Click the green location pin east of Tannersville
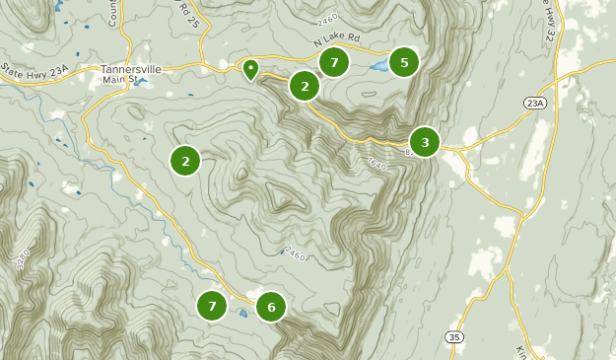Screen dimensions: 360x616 tap(250, 69)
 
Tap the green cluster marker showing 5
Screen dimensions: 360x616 tap(402, 62)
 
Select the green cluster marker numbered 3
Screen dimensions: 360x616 tap(425, 142)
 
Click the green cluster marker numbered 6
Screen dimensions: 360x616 tap(271, 307)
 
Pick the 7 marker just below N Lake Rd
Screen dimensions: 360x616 tap(335, 62)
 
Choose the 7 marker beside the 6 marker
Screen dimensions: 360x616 tap(212, 307)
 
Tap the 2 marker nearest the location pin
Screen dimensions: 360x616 tap(305, 86)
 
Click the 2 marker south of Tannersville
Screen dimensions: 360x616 tap(185, 160)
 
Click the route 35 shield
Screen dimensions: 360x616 tap(453, 337)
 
